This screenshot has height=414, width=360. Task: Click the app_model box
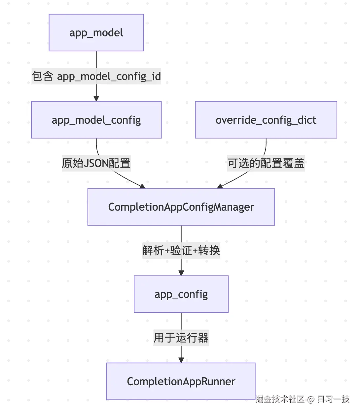pos(96,33)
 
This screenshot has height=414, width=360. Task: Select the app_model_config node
pos(96,120)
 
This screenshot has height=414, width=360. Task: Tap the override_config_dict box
pos(266,120)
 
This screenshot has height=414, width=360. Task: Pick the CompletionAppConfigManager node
pos(181,207)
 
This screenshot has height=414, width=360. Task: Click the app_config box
pos(181,294)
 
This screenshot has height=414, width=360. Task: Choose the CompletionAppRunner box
pos(181,381)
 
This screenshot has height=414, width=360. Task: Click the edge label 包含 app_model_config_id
pos(96,76)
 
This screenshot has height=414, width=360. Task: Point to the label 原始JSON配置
pos(96,163)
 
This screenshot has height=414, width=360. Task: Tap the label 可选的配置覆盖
pos(266,163)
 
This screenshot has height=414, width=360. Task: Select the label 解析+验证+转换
pos(181,251)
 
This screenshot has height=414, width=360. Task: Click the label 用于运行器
pos(181,338)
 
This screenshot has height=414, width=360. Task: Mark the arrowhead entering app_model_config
pos(96,99)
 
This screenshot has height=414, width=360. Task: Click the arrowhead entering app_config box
pos(181,273)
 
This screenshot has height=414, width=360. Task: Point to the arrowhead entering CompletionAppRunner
pos(181,360)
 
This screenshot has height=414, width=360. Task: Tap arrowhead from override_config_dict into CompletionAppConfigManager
pos(220,186)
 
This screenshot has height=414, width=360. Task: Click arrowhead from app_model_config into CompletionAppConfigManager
pos(142,186)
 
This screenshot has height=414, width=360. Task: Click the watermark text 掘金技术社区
pos(280,399)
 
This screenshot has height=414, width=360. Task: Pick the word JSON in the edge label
pos(96,163)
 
